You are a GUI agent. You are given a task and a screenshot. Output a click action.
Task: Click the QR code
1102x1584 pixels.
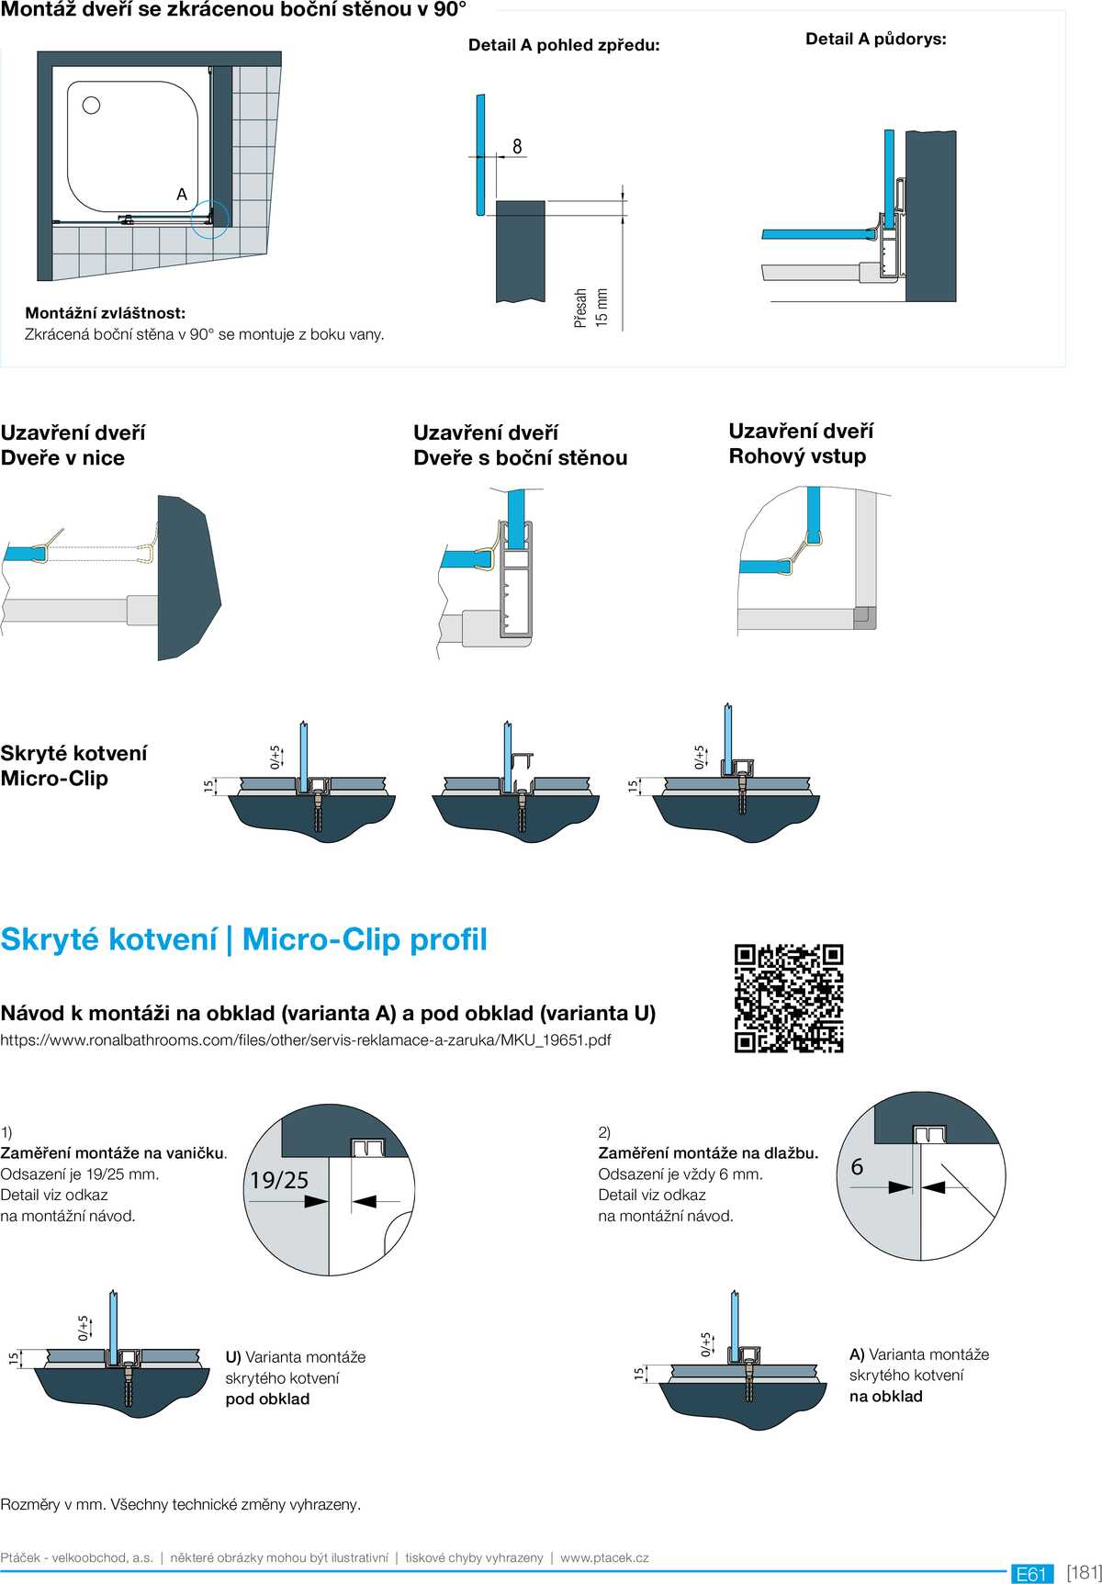tap(789, 998)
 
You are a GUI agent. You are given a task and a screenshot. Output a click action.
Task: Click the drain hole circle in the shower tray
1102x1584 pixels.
tap(91, 105)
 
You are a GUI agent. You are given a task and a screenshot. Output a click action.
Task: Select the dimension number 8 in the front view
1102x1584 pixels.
tap(517, 146)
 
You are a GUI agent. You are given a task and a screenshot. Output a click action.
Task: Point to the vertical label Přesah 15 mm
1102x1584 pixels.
tap(590, 308)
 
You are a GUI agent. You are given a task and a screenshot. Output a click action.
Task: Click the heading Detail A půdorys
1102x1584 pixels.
tap(875, 39)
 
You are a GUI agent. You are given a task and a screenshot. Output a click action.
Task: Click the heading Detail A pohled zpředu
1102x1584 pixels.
tap(564, 45)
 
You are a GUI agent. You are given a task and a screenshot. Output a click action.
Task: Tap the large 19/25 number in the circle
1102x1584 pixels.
tap(279, 1180)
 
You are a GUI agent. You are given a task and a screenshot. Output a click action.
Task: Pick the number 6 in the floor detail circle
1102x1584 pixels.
tap(857, 1167)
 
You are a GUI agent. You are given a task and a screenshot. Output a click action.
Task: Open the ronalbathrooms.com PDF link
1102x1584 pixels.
tap(306, 1040)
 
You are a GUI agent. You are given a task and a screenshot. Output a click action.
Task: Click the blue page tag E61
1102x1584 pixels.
tap(1032, 1574)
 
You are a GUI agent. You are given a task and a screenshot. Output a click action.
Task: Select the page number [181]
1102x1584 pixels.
tap(1084, 1572)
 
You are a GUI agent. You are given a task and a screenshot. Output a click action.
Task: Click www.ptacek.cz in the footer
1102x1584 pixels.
tap(604, 1557)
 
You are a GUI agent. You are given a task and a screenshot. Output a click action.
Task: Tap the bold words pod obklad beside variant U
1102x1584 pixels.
tap(267, 1399)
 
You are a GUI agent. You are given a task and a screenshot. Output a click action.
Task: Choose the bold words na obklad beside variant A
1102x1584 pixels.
tap(885, 1397)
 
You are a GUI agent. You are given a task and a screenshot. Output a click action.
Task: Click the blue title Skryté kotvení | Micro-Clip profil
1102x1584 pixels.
tap(243, 939)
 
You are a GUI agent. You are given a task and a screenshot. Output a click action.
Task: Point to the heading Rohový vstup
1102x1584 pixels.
tap(797, 456)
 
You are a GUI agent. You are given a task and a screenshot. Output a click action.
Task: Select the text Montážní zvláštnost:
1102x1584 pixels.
tap(105, 313)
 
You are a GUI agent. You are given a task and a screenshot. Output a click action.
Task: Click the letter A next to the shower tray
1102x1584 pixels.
tap(182, 195)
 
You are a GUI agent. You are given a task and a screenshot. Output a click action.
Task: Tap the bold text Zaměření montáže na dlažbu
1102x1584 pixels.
tap(708, 1153)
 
